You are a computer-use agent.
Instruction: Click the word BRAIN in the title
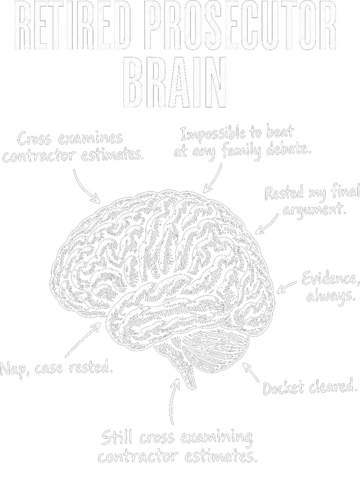pyautogui.click(x=175, y=82)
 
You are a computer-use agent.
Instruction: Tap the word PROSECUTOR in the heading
pyautogui.click(x=242, y=26)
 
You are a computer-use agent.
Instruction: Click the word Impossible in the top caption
pyautogui.click(x=213, y=134)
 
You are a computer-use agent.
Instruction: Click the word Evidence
pyautogui.click(x=331, y=279)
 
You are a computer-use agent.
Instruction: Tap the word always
pyautogui.click(x=331, y=296)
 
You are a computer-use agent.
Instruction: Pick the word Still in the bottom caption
pyautogui.click(x=118, y=438)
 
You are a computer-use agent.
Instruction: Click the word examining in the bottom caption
pyautogui.click(x=216, y=438)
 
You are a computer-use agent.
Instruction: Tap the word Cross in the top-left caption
pyautogui.click(x=35, y=139)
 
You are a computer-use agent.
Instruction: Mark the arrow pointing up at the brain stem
pyautogui.click(x=174, y=401)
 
